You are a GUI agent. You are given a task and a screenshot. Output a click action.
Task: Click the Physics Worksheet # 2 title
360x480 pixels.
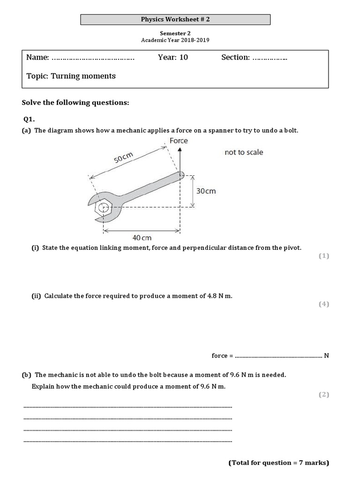pyautogui.click(x=175, y=19)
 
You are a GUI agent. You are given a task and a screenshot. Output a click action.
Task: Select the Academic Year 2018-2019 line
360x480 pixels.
pyautogui.click(x=175, y=40)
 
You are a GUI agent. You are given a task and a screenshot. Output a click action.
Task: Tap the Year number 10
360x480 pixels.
pyautogui.click(x=183, y=57)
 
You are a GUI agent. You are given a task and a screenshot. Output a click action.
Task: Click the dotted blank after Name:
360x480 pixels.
pyautogui.click(x=93, y=59)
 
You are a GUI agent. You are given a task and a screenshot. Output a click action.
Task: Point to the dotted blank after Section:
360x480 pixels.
pyautogui.click(x=270, y=59)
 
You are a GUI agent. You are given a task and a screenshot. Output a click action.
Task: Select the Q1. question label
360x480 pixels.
pyautogui.click(x=29, y=119)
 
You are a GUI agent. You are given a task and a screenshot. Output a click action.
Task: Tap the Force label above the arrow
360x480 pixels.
pyautogui.click(x=179, y=141)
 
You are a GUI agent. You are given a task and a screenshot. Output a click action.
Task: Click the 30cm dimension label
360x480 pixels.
pyautogui.click(x=206, y=191)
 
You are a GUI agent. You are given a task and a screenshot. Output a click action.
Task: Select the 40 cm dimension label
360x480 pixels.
pyautogui.click(x=142, y=238)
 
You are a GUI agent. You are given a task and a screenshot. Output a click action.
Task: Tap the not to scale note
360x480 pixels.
pyautogui.click(x=244, y=152)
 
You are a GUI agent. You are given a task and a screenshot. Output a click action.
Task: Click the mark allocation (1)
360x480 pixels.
pyautogui.click(x=324, y=256)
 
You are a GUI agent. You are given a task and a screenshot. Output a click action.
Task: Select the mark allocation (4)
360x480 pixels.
pyautogui.click(x=324, y=304)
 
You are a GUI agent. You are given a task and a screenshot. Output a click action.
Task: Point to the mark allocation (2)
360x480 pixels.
pyautogui.click(x=324, y=395)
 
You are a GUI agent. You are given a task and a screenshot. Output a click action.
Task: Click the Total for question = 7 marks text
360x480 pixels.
pyautogui.click(x=279, y=463)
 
